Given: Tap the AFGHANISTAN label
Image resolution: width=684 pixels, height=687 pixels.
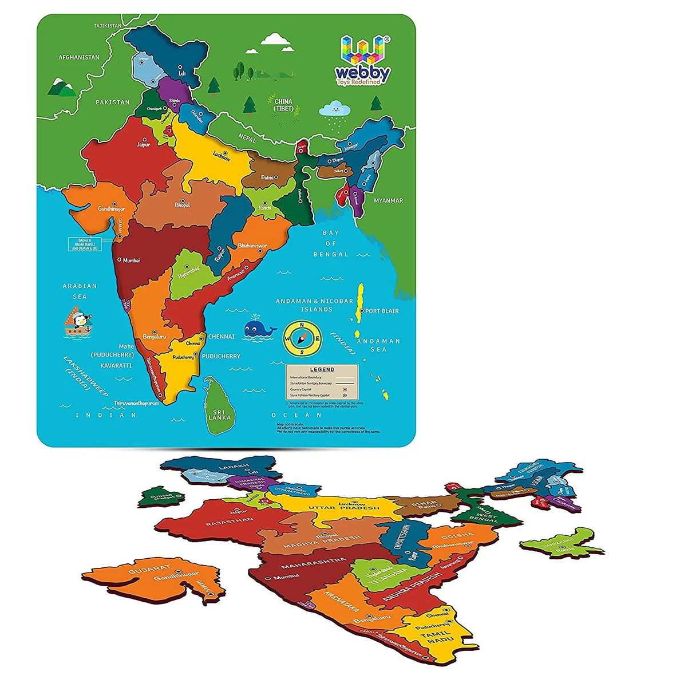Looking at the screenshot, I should pyautogui.click(x=79, y=57).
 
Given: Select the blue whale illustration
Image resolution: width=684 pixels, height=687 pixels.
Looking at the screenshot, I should pyautogui.click(x=259, y=329).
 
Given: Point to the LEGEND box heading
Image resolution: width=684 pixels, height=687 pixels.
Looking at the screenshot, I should pyautogui.click(x=322, y=370).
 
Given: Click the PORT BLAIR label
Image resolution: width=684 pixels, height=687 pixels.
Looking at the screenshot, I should pyautogui.click(x=382, y=311).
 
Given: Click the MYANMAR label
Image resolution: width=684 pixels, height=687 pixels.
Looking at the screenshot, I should pyautogui.click(x=389, y=200).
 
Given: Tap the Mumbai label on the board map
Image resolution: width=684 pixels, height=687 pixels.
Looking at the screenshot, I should pyautogui.click(x=130, y=260).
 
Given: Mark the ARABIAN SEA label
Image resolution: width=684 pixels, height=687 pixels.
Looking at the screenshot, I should pyautogui.click(x=80, y=291).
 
